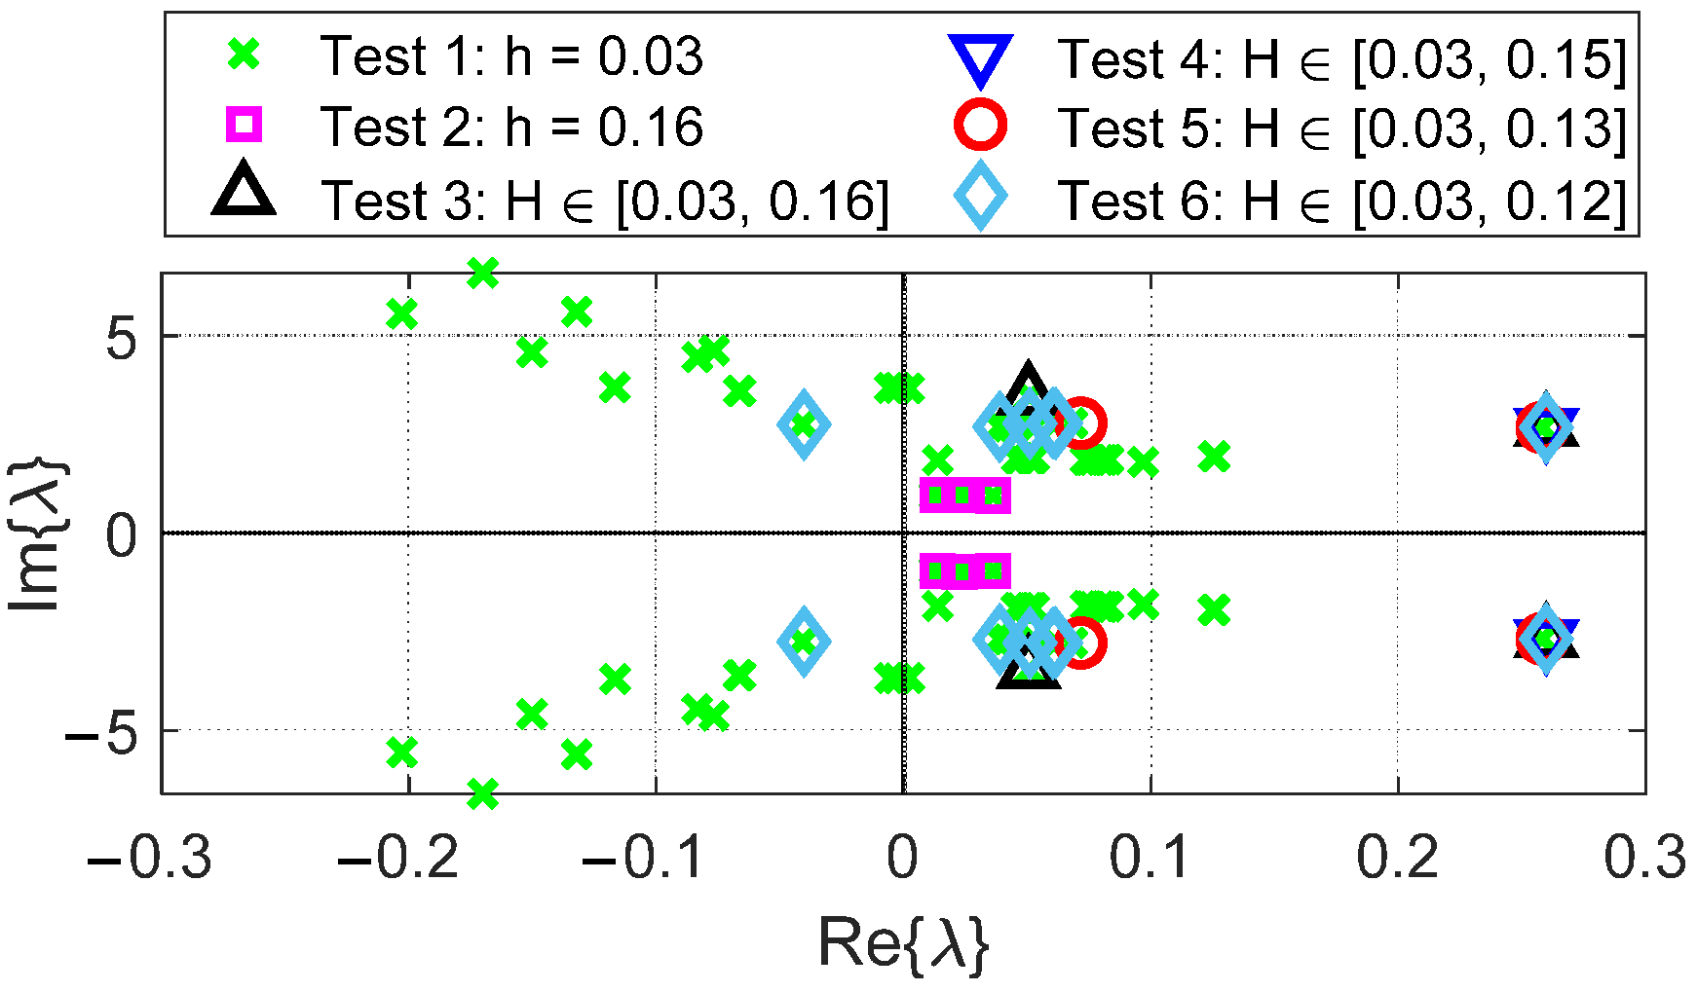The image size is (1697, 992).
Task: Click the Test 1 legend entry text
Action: pyautogui.click(x=510, y=55)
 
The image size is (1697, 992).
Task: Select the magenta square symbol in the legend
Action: pyautogui.click(x=244, y=125)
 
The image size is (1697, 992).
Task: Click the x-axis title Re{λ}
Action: pyautogui.click(x=903, y=942)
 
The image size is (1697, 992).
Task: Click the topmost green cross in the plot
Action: pyautogui.click(x=482, y=274)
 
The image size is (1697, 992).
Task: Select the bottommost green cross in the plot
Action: pyautogui.click(x=482, y=793)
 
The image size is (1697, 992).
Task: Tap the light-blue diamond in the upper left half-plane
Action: pyautogui.click(x=804, y=423)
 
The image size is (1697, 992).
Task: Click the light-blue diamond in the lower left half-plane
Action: pyautogui.click(x=804, y=641)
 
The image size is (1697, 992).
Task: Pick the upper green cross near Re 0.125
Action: pyautogui.click(x=1214, y=456)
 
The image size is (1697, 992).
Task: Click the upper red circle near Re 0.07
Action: pyautogui.click(x=1079, y=423)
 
